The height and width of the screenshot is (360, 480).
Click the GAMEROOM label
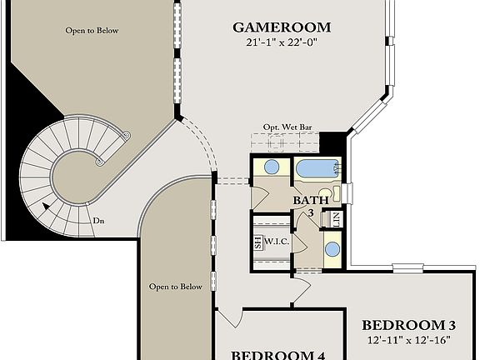282,27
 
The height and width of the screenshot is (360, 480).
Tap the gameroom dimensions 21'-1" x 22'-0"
282,42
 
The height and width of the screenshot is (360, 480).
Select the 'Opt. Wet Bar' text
287,127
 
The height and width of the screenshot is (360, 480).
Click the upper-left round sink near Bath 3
272,167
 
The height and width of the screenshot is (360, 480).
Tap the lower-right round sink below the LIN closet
332,248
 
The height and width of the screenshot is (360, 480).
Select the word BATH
307,201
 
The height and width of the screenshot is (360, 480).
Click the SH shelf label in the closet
257,243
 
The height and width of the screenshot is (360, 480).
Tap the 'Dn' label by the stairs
98,221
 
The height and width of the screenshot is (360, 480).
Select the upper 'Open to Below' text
92,31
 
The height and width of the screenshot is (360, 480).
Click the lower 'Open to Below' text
175,287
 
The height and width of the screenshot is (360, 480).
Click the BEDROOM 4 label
277,354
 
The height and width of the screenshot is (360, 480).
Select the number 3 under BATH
312,213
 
